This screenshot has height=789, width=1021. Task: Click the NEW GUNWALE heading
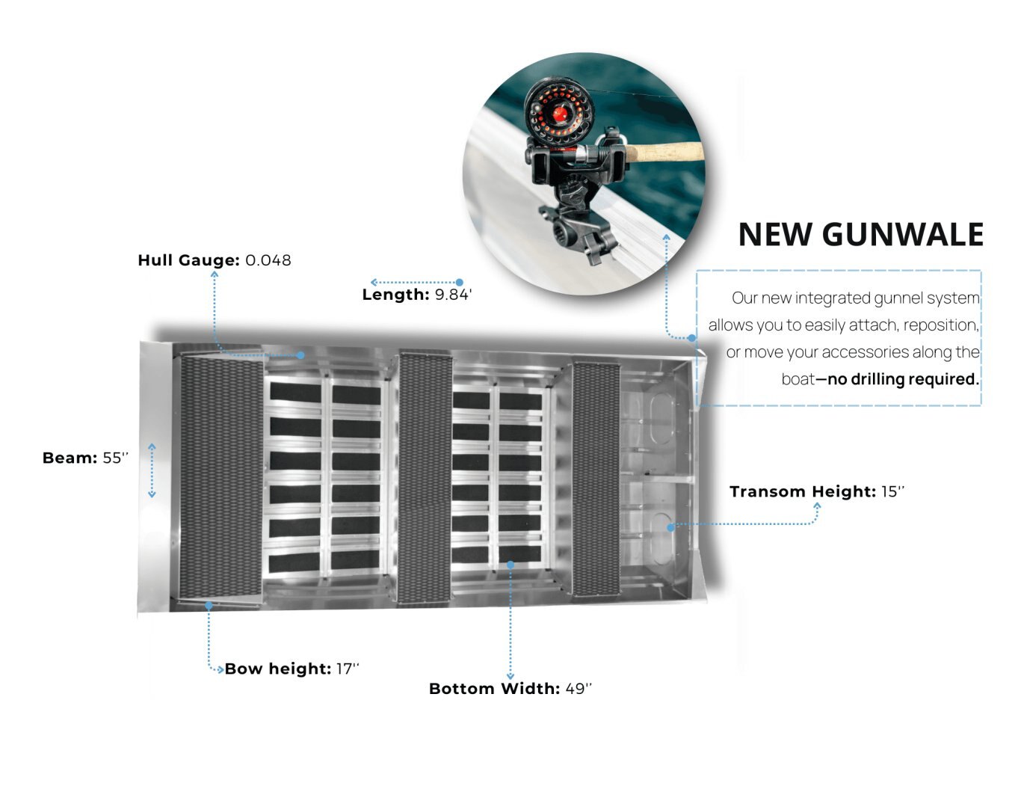point(860,235)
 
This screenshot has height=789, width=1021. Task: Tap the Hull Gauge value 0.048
point(268,260)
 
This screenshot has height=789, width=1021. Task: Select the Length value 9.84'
point(453,295)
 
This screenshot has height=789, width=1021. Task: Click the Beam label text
point(70,458)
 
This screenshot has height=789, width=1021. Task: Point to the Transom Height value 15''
point(892,491)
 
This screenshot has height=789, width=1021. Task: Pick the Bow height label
point(277,669)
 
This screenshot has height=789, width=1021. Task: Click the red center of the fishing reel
point(559,114)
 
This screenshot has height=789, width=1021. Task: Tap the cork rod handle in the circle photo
point(665,152)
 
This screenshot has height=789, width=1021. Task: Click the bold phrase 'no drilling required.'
point(903,379)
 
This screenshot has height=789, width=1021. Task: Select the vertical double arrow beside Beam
point(152,470)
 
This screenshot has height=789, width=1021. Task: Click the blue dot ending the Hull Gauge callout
point(301,355)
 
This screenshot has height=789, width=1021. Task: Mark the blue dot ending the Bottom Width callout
point(510,565)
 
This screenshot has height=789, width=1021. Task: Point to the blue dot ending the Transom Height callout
point(671,527)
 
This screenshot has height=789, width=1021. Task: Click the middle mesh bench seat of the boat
point(425,477)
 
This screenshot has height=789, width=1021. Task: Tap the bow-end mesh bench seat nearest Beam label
point(220,476)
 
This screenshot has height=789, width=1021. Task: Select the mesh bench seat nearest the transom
point(596,479)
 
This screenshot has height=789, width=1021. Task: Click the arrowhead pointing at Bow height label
point(220,669)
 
